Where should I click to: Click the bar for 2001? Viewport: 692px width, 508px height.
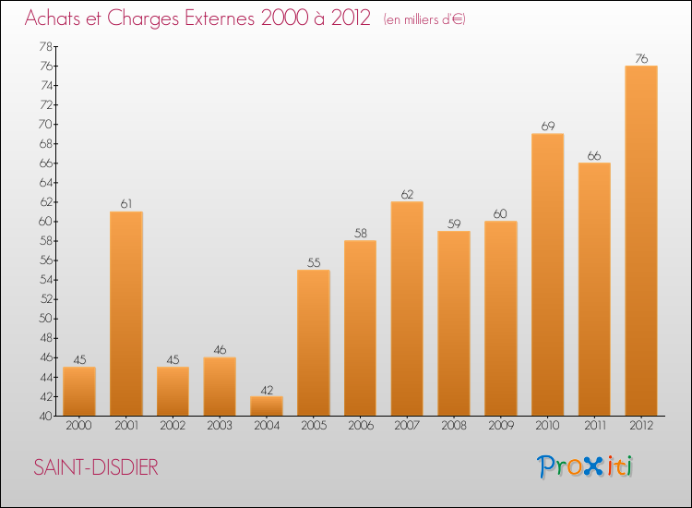(125, 314)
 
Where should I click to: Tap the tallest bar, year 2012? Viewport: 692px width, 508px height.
(641, 240)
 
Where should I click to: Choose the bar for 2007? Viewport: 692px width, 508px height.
(407, 308)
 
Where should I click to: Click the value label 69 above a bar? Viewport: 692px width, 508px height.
(547, 126)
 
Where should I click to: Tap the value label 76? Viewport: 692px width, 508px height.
(641, 58)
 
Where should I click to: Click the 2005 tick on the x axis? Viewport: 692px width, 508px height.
(314, 426)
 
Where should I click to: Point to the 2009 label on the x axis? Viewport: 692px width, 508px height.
(500, 426)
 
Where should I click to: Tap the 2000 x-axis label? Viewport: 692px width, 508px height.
(79, 426)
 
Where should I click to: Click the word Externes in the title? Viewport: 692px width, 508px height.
(210, 19)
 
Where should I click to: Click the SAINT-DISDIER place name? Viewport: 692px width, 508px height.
(96, 467)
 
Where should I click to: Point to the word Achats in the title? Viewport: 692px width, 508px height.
(54, 19)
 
